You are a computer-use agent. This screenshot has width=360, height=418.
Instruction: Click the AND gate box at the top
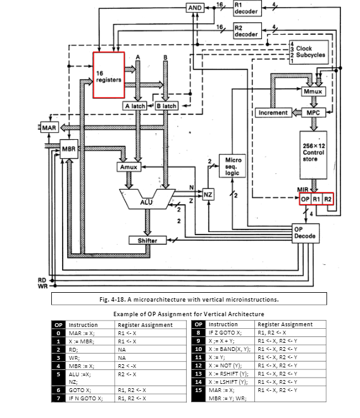click(195, 8)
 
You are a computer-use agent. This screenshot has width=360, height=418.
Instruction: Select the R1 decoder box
click(246, 9)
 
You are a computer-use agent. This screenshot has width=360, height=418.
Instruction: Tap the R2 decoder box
click(246, 32)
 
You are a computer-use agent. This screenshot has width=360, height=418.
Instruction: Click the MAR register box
click(49, 128)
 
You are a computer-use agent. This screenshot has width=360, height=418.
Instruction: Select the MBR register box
click(69, 150)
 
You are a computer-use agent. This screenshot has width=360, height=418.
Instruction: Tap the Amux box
click(128, 167)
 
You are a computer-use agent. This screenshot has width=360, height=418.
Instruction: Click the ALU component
click(147, 200)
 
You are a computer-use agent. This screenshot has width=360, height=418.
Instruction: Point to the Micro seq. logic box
click(232, 166)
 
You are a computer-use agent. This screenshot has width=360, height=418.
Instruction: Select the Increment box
click(273, 113)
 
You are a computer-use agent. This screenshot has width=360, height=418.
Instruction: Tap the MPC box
click(312, 113)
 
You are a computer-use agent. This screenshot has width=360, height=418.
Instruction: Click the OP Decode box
click(306, 233)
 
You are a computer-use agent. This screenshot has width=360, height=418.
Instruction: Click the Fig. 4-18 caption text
click(189, 299)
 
